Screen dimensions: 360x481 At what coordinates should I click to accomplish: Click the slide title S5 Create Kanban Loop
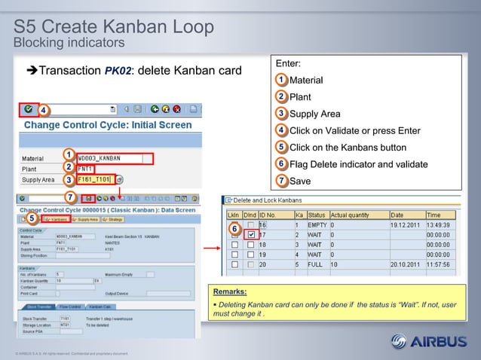(113, 26)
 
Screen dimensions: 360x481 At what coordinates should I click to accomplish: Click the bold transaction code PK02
(120, 72)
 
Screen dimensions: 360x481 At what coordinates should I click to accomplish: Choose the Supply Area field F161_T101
(95, 179)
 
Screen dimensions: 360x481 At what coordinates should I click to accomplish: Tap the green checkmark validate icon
(28, 108)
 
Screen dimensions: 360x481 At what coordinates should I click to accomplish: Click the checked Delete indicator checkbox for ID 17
(250, 234)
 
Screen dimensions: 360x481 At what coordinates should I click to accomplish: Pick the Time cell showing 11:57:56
(444, 264)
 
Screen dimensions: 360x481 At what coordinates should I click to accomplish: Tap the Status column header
(316, 214)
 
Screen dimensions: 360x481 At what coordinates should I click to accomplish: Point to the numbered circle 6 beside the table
(234, 228)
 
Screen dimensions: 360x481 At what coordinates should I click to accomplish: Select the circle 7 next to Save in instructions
(280, 181)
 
